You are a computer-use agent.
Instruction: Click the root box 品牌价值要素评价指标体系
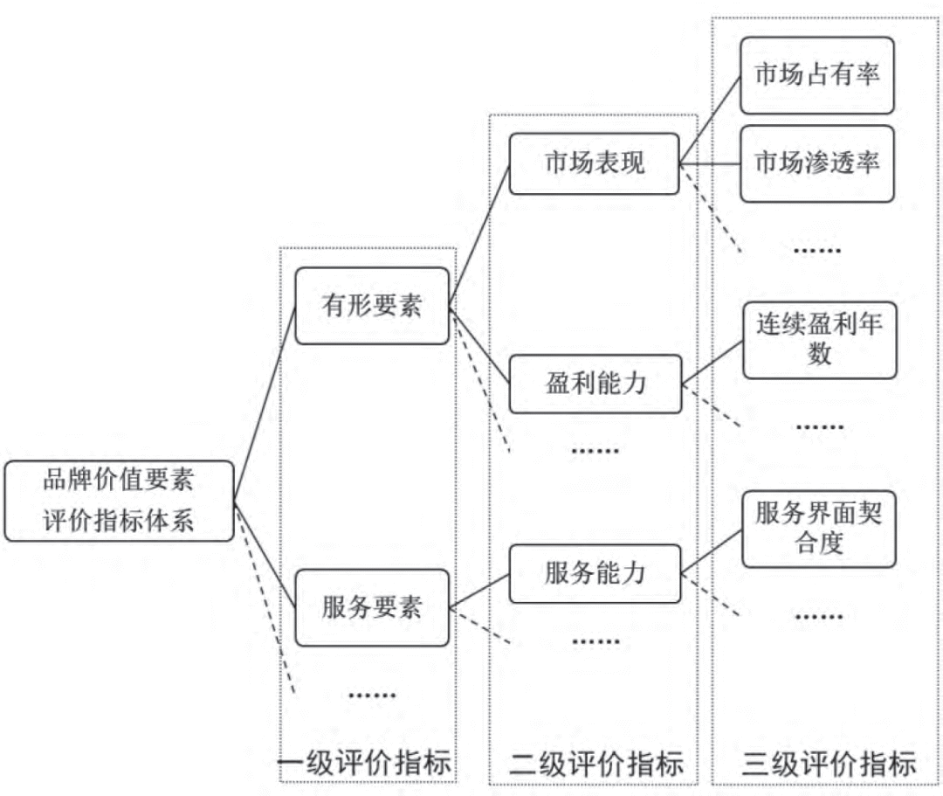point(119,501)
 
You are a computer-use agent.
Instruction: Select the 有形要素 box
point(372,306)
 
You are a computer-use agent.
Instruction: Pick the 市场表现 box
point(594,163)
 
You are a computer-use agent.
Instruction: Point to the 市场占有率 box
point(817,75)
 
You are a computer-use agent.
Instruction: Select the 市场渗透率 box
point(817,163)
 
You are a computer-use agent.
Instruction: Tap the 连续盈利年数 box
point(819,340)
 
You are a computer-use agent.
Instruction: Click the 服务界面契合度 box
point(819,530)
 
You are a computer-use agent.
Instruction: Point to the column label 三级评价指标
point(829,764)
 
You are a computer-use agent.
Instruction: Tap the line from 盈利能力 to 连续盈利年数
point(712,363)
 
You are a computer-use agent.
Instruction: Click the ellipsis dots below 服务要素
point(372,696)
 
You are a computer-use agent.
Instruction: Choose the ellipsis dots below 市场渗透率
point(817,251)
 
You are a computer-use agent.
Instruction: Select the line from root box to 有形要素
point(265,406)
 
